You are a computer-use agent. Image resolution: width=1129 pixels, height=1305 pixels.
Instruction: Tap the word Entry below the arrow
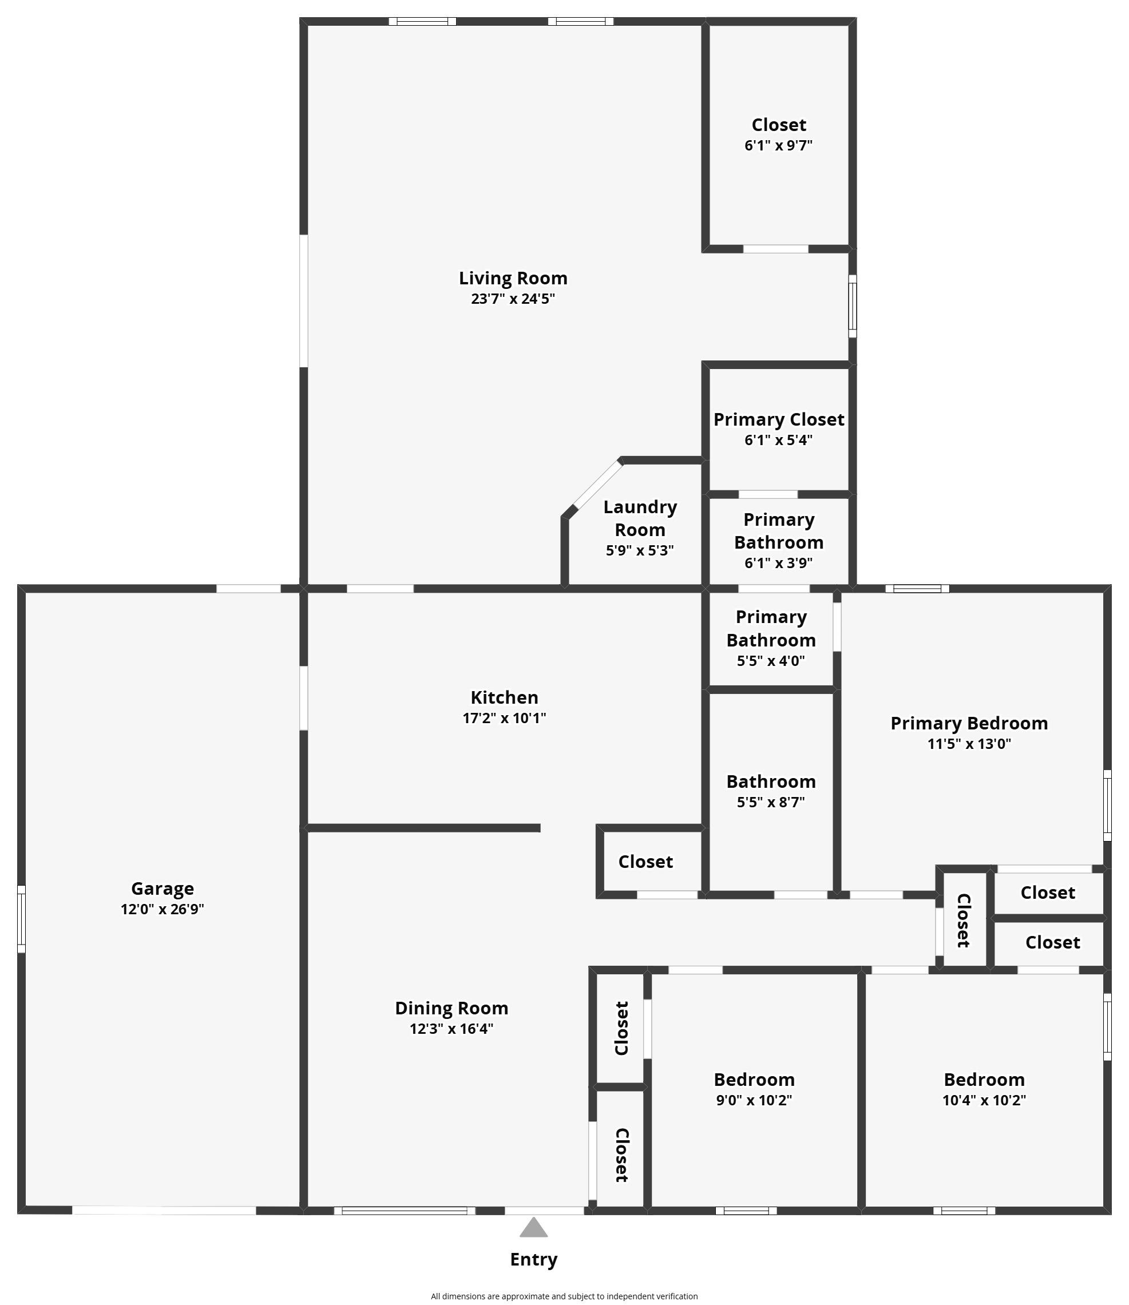pyautogui.click(x=534, y=1260)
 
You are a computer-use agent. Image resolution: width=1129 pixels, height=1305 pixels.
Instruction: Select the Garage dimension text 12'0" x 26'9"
pyautogui.click(x=163, y=909)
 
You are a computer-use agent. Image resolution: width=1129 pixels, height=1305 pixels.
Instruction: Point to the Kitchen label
pyautogui.click(x=505, y=697)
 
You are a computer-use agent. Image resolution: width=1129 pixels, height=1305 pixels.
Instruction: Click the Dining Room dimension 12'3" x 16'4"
pyautogui.click(x=451, y=1029)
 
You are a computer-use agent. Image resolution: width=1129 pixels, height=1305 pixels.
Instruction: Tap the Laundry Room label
pyautogui.click(x=640, y=518)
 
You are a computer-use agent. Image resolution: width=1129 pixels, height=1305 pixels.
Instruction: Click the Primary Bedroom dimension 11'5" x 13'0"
pyautogui.click(x=969, y=743)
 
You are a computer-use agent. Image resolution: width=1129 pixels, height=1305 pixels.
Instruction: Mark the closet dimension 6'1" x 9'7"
pyautogui.click(x=779, y=145)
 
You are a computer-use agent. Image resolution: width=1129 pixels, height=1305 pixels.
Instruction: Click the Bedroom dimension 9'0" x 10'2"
pyautogui.click(x=754, y=1100)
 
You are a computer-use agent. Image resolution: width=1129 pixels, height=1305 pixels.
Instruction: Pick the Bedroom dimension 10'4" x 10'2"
pyautogui.click(x=984, y=1100)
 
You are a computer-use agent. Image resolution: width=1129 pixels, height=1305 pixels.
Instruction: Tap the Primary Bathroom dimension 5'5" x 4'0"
pyautogui.click(x=771, y=661)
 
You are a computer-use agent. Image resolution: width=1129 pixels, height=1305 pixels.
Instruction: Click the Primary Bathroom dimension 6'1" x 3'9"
pyautogui.click(x=779, y=562)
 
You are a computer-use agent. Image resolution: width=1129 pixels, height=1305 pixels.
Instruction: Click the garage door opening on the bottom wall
pyautogui.click(x=164, y=1210)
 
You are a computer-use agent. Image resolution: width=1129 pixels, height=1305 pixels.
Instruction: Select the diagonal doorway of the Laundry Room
pyautogui.click(x=597, y=485)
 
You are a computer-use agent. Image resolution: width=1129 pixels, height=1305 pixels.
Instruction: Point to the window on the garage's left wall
pyautogui.click(x=21, y=919)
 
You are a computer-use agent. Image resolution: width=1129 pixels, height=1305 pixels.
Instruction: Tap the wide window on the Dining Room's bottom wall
pyautogui.click(x=405, y=1210)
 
